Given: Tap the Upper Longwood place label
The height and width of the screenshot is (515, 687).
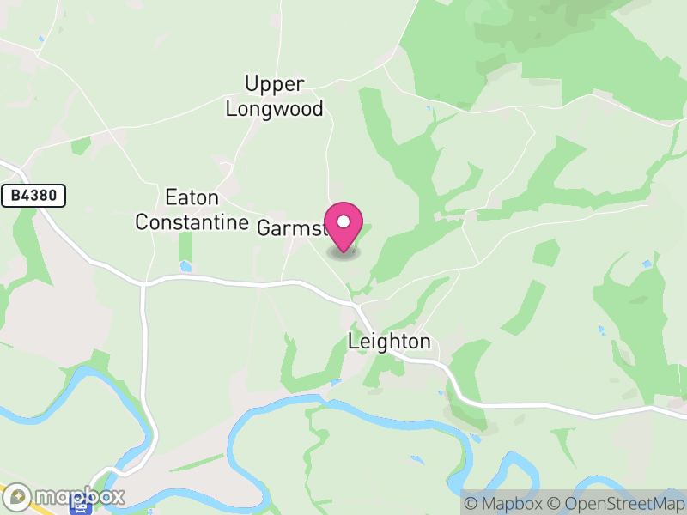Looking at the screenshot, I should click(x=274, y=96).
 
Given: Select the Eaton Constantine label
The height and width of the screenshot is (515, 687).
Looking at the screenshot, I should click(x=192, y=209).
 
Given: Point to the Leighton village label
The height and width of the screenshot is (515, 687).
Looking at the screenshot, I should click(x=389, y=342).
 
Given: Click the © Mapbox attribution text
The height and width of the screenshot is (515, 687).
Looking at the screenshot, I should click(x=505, y=503).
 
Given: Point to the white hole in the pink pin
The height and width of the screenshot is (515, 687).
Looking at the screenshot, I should click(x=343, y=221).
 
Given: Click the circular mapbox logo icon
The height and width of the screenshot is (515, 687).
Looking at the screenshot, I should click(x=18, y=496).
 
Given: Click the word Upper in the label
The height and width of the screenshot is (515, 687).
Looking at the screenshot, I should click(x=274, y=84).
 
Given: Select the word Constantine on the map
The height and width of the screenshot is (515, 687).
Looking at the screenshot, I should click(x=192, y=222).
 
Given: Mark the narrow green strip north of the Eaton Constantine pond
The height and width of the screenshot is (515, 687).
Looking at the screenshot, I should click(x=185, y=246).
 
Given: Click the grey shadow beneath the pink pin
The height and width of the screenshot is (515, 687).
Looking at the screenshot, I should click(x=343, y=253).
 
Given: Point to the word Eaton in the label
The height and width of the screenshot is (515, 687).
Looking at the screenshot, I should click(x=192, y=197).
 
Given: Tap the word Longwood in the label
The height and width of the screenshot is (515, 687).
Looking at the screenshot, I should click(x=274, y=109).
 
